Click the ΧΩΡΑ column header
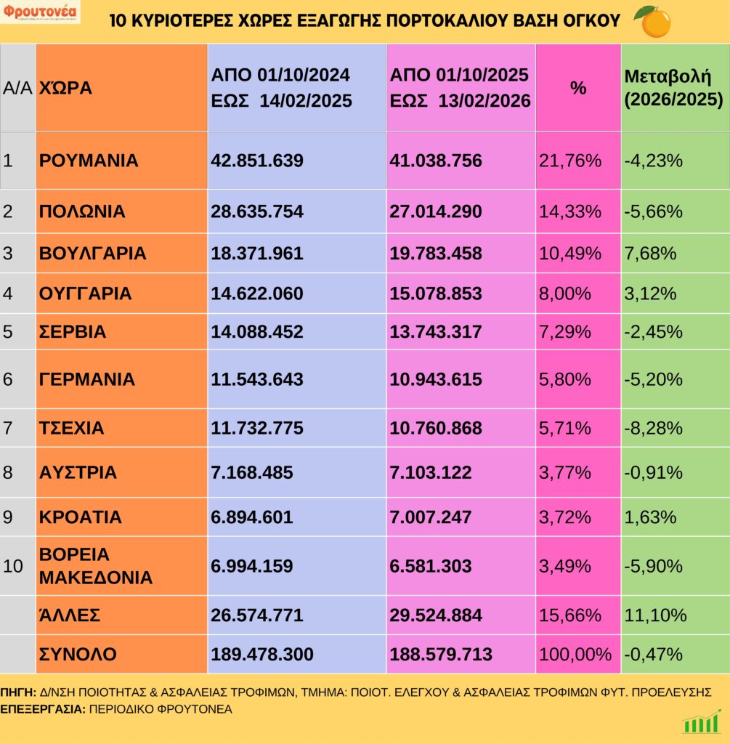(x=65, y=89)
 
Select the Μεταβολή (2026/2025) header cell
(x=673, y=88)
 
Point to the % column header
(x=577, y=89)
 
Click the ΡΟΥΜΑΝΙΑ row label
(x=89, y=161)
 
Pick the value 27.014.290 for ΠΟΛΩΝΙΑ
(x=436, y=211)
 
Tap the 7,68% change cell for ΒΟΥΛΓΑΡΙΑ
(x=651, y=254)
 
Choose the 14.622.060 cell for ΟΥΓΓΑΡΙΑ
(x=257, y=294)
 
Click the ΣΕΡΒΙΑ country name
(x=73, y=332)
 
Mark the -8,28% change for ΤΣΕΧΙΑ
(x=653, y=428)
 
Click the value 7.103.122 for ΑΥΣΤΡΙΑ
(x=431, y=472)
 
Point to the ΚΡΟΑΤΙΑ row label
(x=81, y=517)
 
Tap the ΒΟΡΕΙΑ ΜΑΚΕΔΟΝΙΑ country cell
(x=96, y=566)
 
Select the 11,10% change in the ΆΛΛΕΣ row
(x=655, y=615)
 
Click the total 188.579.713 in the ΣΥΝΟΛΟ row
(x=441, y=654)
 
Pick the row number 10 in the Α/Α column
(x=14, y=566)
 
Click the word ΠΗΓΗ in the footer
(x=18, y=692)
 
